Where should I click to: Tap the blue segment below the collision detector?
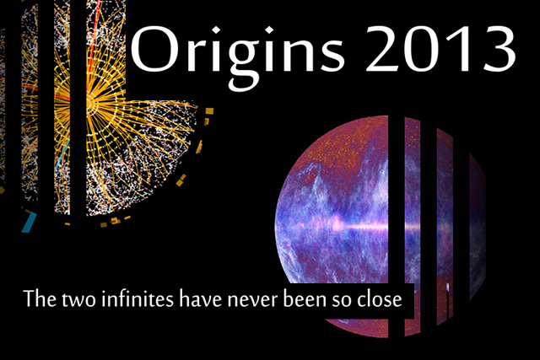tap(30, 222)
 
